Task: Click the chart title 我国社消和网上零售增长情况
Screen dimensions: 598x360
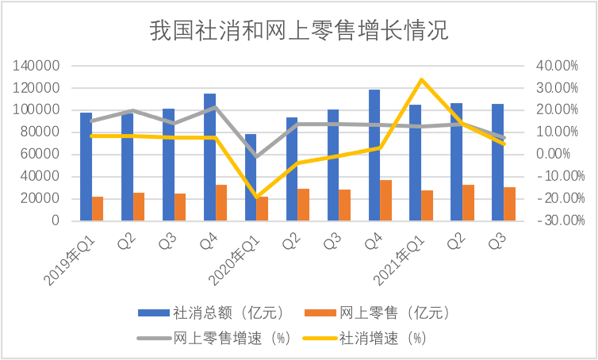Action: tap(299, 30)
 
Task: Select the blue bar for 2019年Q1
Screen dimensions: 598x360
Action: tap(86, 167)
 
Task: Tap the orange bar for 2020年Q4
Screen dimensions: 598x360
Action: tap(386, 200)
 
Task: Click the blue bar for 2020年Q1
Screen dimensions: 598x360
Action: tap(251, 178)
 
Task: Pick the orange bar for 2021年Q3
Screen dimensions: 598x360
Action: tap(509, 204)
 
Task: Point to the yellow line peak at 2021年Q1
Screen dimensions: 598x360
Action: tap(421, 80)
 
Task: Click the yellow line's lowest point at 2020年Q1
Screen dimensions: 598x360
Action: tap(257, 197)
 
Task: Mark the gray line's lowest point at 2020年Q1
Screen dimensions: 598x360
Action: tap(257, 157)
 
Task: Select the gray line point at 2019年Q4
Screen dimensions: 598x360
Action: tap(216, 107)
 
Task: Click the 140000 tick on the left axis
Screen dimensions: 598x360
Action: tap(36, 66)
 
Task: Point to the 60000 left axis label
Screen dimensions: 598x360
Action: tap(40, 155)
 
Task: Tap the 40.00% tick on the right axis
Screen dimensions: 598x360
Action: tap(558, 66)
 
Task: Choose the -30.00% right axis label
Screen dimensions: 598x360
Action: tap(561, 220)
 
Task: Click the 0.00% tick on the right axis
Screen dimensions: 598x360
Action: tap(554, 155)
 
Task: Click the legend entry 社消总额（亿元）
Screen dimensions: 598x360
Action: tap(211, 313)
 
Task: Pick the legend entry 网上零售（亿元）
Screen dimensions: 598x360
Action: tap(378, 313)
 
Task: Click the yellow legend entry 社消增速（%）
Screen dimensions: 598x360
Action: tap(364, 338)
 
